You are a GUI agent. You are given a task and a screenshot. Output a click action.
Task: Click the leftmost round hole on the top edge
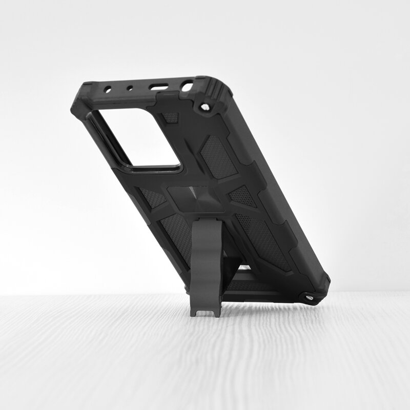[109, 89]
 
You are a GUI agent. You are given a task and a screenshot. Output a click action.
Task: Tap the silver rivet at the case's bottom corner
[309, 296]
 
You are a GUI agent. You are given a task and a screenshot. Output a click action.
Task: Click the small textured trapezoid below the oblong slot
[171, 117]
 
